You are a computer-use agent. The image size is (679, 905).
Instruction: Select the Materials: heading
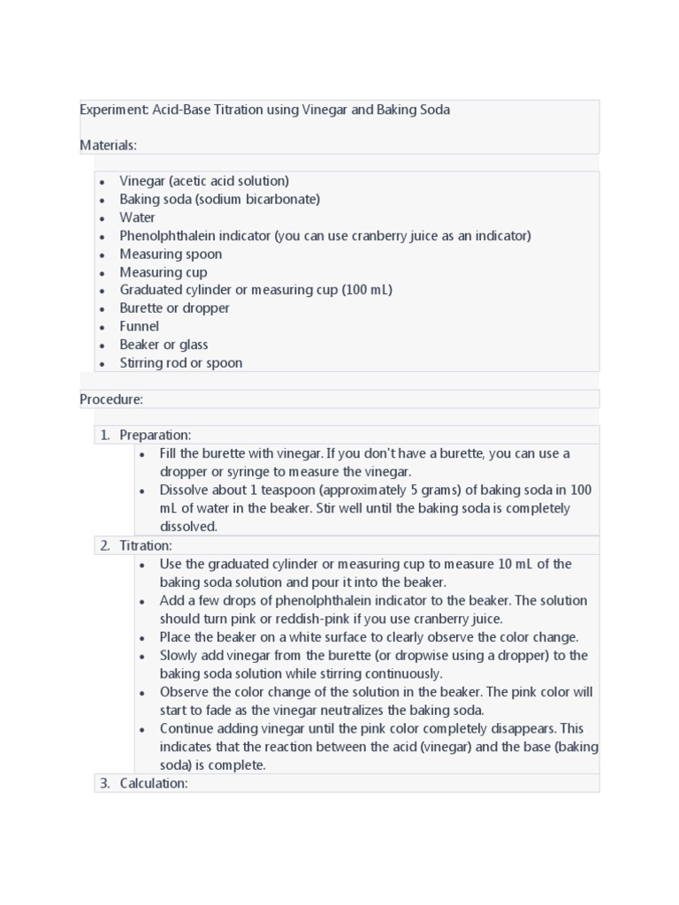point(108,144)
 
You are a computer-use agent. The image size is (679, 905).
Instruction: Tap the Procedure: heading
point(111,399)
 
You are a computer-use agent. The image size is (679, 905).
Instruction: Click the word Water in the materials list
point(137,217)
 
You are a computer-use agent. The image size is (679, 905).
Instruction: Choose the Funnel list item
point(140,326)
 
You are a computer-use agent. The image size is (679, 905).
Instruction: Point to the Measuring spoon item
point(171,254)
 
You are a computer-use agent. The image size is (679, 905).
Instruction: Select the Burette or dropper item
point(174,308)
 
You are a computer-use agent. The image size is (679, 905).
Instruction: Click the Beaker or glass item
point(164,345)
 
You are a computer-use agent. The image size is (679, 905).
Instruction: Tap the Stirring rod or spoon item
point(180,363)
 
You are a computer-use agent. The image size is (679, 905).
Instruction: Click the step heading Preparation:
point(155,435)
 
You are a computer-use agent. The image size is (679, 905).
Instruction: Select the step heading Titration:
point(146,545)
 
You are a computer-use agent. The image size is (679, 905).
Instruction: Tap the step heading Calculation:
point(154,783)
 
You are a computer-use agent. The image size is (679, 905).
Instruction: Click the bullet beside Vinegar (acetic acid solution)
point(103,181)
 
